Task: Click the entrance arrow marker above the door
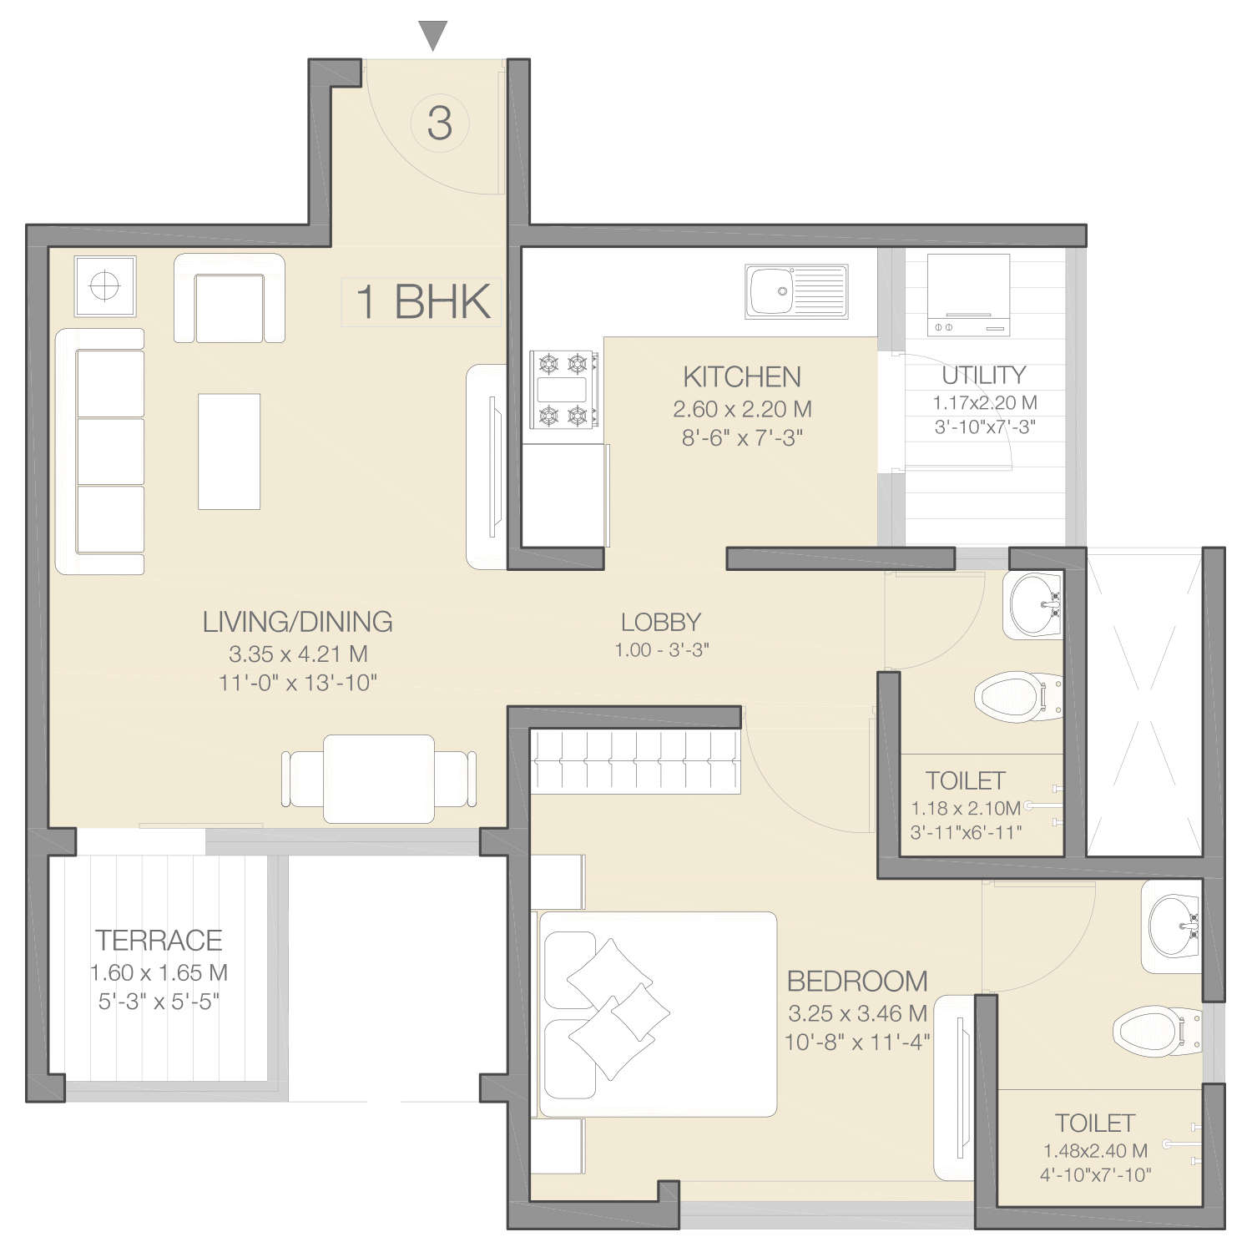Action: tap(433, 35)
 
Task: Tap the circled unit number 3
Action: tap(440, 123)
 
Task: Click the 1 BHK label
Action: tap(422, 301)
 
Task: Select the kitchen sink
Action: tap(796, 291)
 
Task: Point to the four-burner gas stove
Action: tap(563, 390)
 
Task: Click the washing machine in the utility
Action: tap(968, 295)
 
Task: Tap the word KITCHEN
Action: tap(742, 377)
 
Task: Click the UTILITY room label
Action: tap(984, 376)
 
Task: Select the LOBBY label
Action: tap(661, 622)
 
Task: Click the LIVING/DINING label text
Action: tap(298, 622)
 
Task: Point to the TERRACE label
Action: tap(159, 941)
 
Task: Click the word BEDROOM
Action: tap(857, 982)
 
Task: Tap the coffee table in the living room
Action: tap(229, 452)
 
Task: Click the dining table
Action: tap(379, 779)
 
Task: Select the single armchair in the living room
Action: tap(230, 298)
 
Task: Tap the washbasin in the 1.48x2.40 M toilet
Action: tap(1172, 926)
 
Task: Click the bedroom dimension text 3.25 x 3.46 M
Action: tap(858, 1014)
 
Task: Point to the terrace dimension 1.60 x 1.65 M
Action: tap(159, 973)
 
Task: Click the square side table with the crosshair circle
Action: tap(105, 286)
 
